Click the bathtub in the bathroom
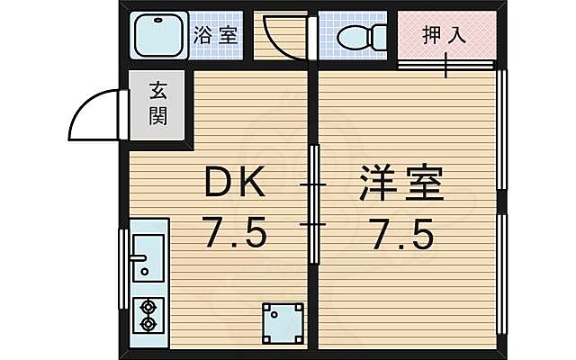pyautogui.click(x=158, y=37)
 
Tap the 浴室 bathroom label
pyautogui.click(x=216, y=37)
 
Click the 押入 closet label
pyautogui.click(x=445, y=36)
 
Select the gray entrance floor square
pyautogui.click(x=158, y=105)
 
